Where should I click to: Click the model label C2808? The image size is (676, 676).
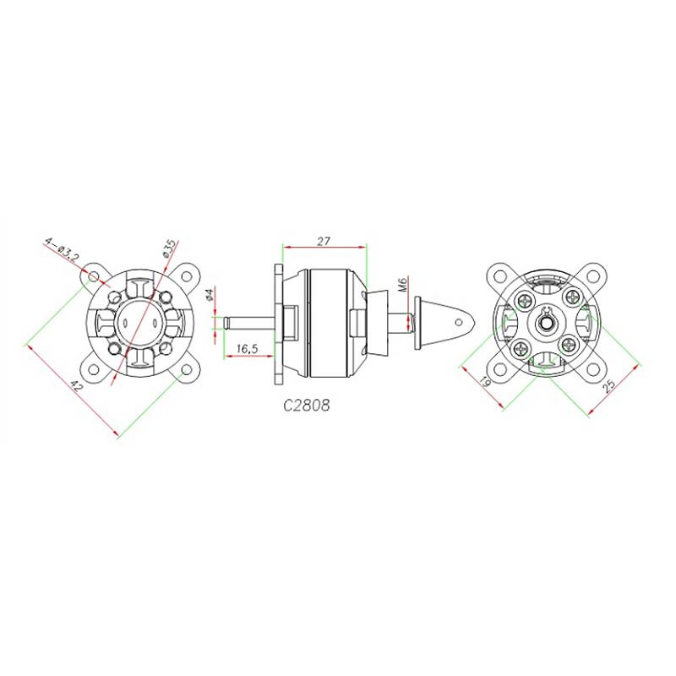(306, 405)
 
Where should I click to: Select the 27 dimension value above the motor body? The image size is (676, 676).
(324, 241)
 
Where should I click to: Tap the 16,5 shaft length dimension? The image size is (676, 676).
(247, 348)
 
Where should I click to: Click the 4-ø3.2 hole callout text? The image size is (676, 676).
(63, 250)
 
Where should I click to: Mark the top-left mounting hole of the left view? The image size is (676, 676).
(92, 276)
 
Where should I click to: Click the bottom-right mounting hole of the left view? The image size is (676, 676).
(187, 371)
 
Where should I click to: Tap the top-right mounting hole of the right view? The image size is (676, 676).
(597, 275)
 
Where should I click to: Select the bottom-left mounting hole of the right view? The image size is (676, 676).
(500, 371)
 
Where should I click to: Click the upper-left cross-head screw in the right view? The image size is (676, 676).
(526, 297)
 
